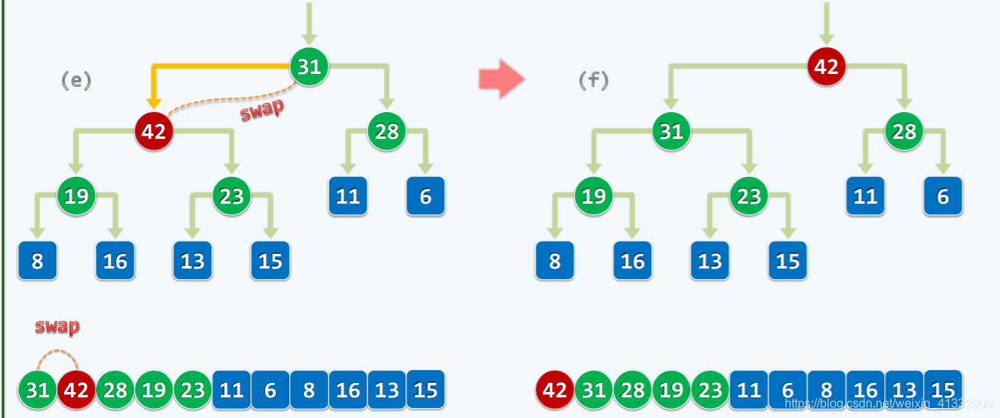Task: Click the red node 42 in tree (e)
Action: click(x=153, y=131)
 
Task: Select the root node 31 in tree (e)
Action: click(x=308, y=67)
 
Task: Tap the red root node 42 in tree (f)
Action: click(x=826, y=67)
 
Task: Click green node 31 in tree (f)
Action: click(x=671, y=131)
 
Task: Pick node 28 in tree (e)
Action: click(x=387, y=131)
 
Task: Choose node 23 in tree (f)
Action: click(x=749, y=196)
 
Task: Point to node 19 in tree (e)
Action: click(x=76, y=196)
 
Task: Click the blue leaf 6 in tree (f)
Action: click(x=943, y=196)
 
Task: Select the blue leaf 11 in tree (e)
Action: click(x=348, y=196)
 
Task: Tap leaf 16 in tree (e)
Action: click(x=115, y=261)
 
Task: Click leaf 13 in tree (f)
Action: click(x=710, y=261)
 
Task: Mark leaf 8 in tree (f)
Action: click(x=555, y=261)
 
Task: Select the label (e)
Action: click(x=76, y=81)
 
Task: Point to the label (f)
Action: click(x=593, y=81)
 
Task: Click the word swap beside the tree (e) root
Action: click(x=262, y=110)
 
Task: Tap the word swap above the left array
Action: click(x=57, y=327)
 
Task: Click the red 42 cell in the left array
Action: click(x=76, y=390)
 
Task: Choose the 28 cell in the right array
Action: click(x=633, y=390)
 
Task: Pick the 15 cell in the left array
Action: click(x=425, y=389)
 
